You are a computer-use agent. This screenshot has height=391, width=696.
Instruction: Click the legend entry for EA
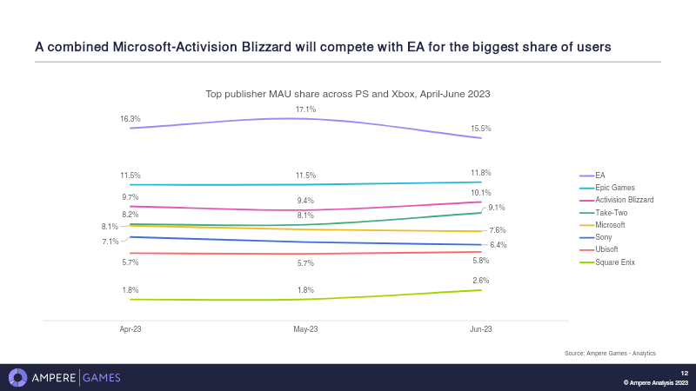click(x=599, y=175)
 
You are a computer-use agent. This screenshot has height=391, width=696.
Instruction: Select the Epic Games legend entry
click(x=614, y=188)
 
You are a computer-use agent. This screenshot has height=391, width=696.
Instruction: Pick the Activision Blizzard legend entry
click(x=624, y=200)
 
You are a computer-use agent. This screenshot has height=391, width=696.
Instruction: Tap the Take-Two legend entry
click(x=611, y=212)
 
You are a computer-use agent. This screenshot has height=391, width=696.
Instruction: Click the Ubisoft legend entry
click(x=606, y=249)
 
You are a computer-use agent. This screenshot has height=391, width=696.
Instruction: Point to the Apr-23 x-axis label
click(x=130, y=330)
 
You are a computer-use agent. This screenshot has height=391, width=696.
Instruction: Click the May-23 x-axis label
click(x=305, y=330)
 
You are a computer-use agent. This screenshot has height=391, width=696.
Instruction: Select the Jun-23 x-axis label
click(x=480, y=330)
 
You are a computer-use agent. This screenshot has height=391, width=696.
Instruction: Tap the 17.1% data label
click(x=305, y=109)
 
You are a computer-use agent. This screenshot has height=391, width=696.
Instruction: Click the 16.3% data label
click(x=130, y=118)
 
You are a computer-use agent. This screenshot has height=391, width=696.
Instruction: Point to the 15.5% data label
click(x=480, y=129)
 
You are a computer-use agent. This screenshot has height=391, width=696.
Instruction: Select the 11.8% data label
click(x=480, y=173)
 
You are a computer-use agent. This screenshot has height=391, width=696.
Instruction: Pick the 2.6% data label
click(x=480, y=281)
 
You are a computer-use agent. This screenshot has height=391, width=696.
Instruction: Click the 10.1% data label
click(x=480, y=193)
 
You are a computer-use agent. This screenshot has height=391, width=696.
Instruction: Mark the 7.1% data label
click(x=110, y=242)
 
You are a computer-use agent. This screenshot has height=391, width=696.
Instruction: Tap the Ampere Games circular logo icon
click(x=17, y=377)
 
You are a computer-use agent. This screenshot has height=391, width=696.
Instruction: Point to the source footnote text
click(x=610, y=353)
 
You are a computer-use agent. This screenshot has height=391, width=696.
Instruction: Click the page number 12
click(x=684, y=373)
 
